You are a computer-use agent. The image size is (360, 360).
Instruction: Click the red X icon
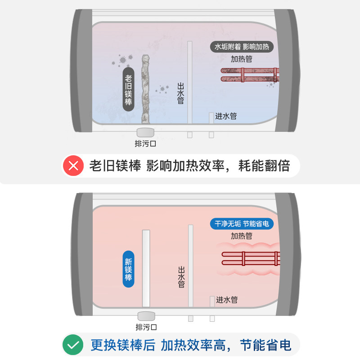73,166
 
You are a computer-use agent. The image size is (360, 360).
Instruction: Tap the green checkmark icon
73,345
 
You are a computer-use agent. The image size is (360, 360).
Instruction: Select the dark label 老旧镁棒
128,89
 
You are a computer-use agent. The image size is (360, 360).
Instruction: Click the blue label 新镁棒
128,269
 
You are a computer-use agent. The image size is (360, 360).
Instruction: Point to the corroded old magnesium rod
145,89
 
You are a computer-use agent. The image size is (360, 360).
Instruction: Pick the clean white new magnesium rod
146,268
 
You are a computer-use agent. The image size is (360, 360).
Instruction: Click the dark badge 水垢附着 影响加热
242,47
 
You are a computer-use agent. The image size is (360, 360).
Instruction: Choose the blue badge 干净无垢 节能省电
242,224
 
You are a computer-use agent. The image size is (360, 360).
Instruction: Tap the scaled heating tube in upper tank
250,75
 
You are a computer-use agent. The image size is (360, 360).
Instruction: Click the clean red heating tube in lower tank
251,258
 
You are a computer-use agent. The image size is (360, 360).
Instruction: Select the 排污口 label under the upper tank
145,144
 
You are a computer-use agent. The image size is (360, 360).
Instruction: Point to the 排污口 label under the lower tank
146,327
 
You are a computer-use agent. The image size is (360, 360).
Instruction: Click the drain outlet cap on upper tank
145,132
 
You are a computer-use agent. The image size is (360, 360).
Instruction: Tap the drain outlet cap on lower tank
146,316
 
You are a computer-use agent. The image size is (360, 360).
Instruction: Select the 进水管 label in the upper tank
226,116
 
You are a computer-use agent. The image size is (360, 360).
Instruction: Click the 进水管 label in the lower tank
227,300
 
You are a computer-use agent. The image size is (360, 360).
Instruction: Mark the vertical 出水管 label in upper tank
181,94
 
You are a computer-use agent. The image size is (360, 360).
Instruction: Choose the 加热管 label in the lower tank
242,236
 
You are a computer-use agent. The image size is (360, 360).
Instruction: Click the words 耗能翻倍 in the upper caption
264,166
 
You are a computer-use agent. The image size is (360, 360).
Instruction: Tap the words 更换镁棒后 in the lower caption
123,345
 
